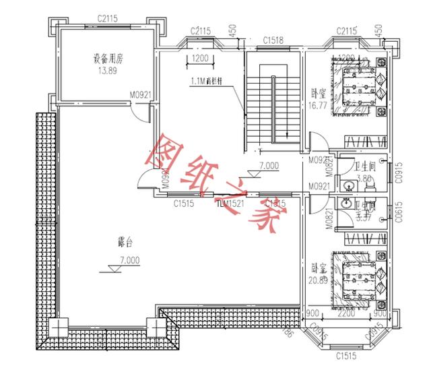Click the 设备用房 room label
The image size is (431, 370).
click(x=108, y=59)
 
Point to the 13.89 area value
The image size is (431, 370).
click(x=108, y=69)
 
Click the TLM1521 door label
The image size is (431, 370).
click(x=230, y=203)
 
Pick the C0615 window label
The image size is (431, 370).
click(x=399, y=214)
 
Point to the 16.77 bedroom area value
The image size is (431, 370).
click(x=317, y=105)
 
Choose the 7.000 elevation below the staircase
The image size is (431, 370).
click(x=268, y=165)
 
